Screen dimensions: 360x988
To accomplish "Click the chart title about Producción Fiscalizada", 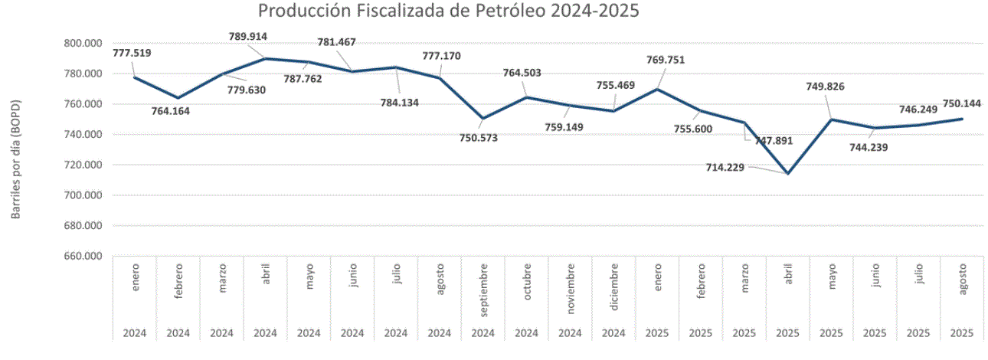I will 448,11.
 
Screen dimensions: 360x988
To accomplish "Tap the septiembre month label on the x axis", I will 483,289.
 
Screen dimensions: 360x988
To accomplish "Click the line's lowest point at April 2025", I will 787,174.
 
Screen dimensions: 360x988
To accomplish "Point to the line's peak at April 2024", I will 265,58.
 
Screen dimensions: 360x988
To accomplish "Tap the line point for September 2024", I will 483,119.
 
